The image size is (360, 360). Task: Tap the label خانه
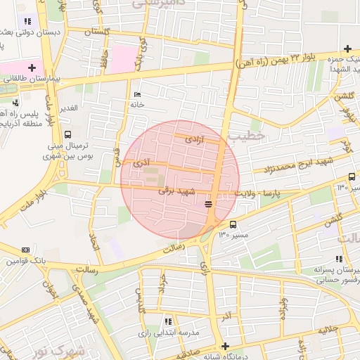click(x=136, y=104)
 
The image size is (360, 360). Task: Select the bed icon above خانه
click(x=137, y=94)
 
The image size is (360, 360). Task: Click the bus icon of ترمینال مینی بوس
click(x=67, y=134)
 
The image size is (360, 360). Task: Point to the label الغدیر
click(x=68, y=108)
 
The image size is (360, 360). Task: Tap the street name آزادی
click(x=193, y=141)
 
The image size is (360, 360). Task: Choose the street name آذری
click(x=141, y=163)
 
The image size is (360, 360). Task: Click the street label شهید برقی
click(x=175, y=191)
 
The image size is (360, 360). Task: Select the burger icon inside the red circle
click(x=208, y=204)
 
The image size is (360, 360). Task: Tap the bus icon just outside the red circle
click(x=233, y=224)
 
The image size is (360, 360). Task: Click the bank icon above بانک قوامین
click(x=26, y=250)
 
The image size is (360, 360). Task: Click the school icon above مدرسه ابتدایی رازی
click(x=167, y=321)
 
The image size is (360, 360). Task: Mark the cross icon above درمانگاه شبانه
click(x=225, y=346)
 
